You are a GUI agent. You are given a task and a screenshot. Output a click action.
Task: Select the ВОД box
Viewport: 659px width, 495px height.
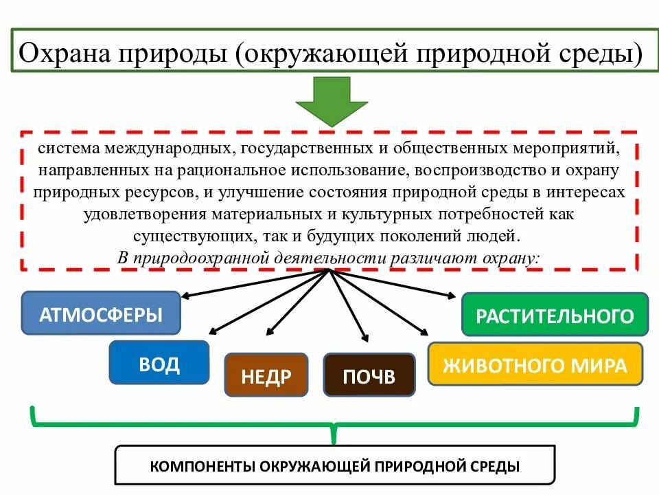[x=159, y=362]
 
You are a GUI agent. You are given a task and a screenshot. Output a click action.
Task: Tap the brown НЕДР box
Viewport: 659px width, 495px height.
[x=266, y=375]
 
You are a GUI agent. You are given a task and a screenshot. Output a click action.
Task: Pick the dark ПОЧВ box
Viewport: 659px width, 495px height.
[x=369, y=375]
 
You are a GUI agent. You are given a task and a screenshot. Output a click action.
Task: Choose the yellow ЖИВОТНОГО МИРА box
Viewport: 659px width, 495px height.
[x=535, y=364]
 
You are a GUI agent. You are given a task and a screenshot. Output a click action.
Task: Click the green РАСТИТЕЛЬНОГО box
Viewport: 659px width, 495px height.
[x=555, y=315]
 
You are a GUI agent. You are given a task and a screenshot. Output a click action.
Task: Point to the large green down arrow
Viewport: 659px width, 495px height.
[x=332, y=100]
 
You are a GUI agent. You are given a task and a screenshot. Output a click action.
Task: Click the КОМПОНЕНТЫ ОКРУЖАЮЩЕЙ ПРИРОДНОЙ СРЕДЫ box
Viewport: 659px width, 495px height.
[x=334, y=465]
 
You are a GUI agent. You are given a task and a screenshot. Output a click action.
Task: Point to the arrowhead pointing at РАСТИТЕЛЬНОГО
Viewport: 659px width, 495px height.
[x=450, y=296]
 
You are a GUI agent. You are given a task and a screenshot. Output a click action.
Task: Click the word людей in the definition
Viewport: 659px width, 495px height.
[x=497, y=236]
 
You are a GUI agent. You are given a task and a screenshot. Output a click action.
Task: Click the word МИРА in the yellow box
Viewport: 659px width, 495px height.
[x=598, y=364]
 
